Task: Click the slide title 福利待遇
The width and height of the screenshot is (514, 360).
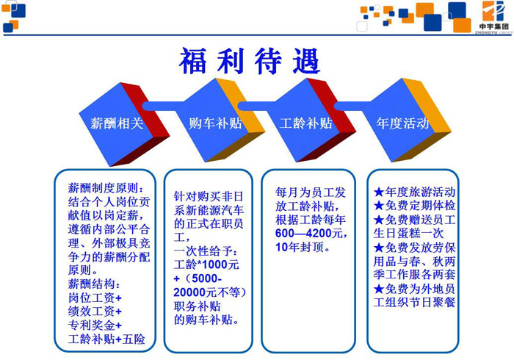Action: tap(249, 61)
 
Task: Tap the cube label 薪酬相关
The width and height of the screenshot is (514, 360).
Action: tap(117, 123)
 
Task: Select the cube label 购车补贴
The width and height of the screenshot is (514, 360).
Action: tap(215, 123)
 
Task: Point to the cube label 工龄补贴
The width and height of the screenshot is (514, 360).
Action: tap(306, 123)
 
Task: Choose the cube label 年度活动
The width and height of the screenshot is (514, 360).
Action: tap(403, 123)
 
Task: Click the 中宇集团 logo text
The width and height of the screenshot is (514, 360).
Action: tap(494, 26)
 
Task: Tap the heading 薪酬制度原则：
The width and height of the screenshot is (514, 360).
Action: tap(106, 188)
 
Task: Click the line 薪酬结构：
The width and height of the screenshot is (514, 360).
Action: tap(94, 284)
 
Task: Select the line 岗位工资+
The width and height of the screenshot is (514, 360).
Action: tap(95, 298)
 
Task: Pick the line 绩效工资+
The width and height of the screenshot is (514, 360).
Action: tap(95, 312)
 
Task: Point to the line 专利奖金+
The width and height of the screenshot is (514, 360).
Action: tap(95, 325)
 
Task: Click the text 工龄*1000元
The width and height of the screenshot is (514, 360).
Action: tap(206, 264)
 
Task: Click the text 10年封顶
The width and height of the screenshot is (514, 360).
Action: tap(303, 247)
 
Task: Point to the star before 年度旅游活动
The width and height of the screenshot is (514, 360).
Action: tap(379, 192)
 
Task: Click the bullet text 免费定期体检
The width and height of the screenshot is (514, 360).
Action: tap(420, 206)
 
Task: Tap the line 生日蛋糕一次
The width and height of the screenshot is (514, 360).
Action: tap(408, 233)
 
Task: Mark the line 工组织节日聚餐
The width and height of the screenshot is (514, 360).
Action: tap(414, 302)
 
